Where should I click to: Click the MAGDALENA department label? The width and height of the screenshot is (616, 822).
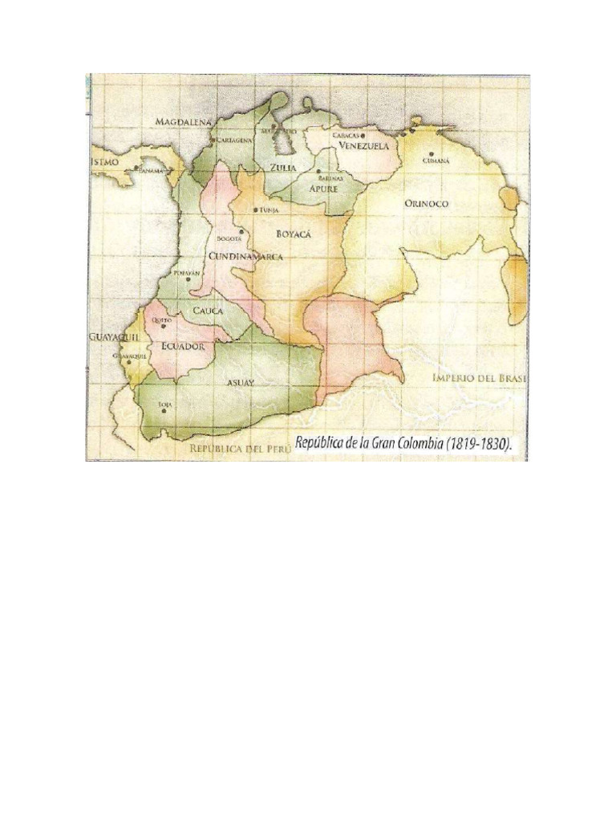click(x=183, y=121)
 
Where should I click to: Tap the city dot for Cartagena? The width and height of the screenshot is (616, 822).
click(x=212, y=140)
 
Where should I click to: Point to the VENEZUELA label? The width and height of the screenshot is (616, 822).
click(x=363, y=147)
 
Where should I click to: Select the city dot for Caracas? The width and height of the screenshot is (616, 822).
click(x=363, y=136)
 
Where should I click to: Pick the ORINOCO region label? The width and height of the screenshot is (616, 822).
click(x=426, y=204)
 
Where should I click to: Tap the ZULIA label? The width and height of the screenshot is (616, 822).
click(x=283, y=168)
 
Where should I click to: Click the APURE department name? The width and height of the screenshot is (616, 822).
click(x=323, y=188)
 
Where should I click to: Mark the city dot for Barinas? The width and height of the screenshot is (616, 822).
click(x=319, y=172)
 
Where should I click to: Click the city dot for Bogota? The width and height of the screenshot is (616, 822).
click(x=241, y=231)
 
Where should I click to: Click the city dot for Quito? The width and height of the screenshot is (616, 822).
click(x=164, y=327)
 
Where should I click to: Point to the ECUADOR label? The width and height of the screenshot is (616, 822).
click(x=183, y=346)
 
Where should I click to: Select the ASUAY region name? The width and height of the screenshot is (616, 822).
click(x=240, y=383)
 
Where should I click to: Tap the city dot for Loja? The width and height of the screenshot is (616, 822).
click(x=165, y=411)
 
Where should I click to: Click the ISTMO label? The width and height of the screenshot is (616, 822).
click(x=104, y=161)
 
